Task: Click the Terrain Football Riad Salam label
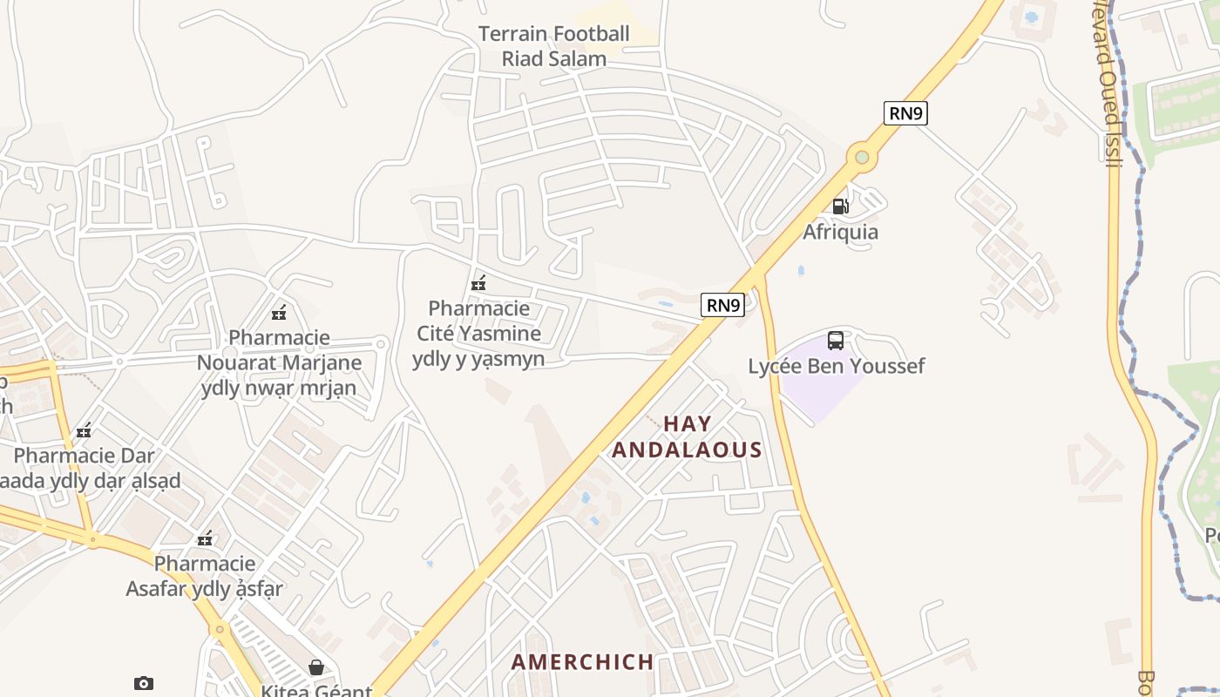(553, 46)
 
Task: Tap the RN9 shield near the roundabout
(905, 113)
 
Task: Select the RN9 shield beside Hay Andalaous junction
(723, 305)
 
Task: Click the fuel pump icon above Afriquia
(840, 206)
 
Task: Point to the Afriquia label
(840, 232)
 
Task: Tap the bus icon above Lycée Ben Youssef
(835, 341)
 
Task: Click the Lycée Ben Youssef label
(837, 366)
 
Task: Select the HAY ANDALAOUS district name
(687, 436)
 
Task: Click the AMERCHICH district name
(582, 662)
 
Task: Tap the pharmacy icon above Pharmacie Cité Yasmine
(478, 283)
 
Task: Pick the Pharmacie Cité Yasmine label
(478, 333)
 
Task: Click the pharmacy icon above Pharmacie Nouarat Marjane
(279, 313)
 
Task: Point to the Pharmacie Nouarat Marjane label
(279, 362)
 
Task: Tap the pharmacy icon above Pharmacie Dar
(84, 430)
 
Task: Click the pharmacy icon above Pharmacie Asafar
(205, 538)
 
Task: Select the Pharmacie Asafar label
(205, 576)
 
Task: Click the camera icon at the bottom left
(144, 684)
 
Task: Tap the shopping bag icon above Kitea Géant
(316, 667)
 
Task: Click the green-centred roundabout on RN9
(862, 158)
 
